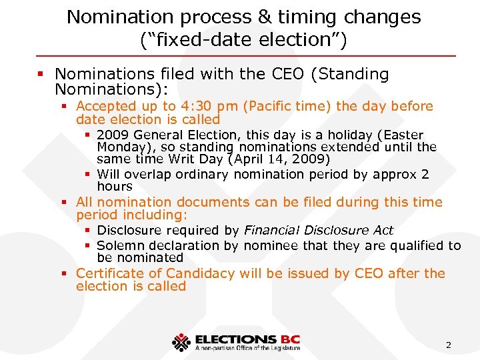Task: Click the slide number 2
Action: [x=448, y=345]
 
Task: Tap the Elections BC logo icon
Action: [x=181, y=342]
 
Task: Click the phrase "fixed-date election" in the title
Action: [x=243, y=40]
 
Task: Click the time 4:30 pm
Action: [x=206, y=106]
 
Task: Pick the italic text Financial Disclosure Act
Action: [x=319, y=230]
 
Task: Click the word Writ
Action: [x=183, y=159]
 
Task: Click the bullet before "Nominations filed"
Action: [x=44, y=75]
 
